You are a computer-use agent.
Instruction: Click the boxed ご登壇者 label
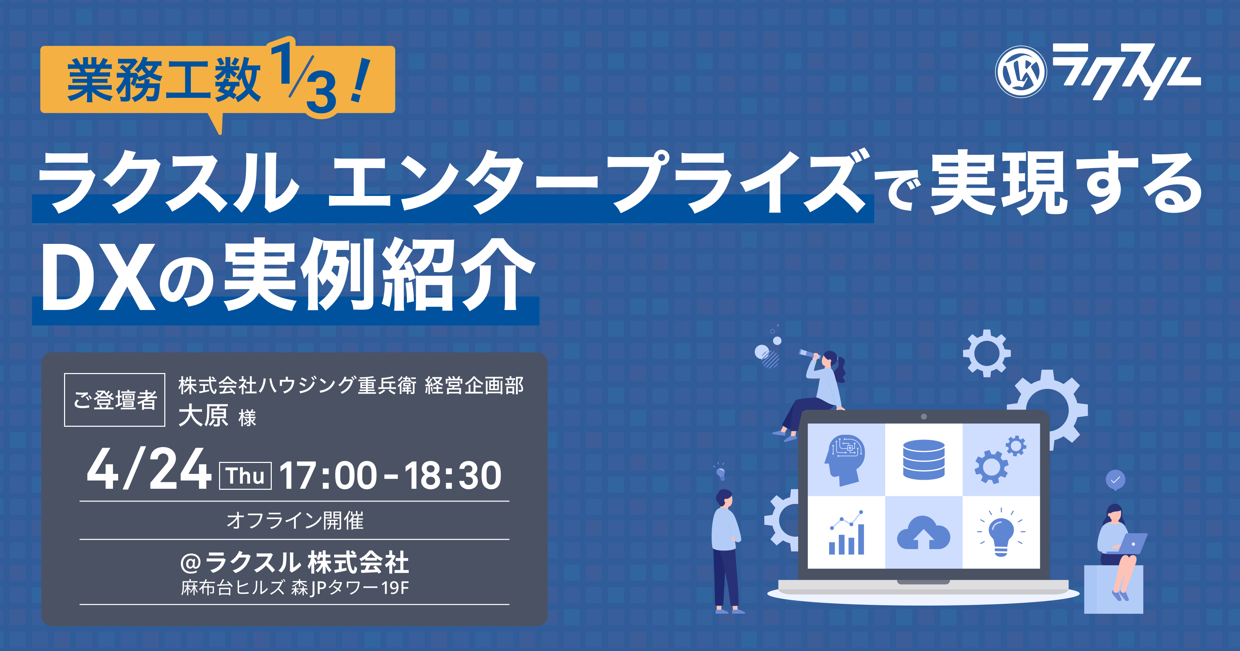(x=115, y=400)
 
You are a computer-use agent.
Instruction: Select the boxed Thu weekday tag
(x=246, y=476)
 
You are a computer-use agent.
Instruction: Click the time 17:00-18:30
(x=390, y=476)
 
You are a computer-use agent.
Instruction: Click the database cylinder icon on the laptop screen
(x=923, y=459)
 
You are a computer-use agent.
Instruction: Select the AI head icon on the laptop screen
(x=845, y=460)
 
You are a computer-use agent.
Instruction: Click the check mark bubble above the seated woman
(x=1115, y=480)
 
